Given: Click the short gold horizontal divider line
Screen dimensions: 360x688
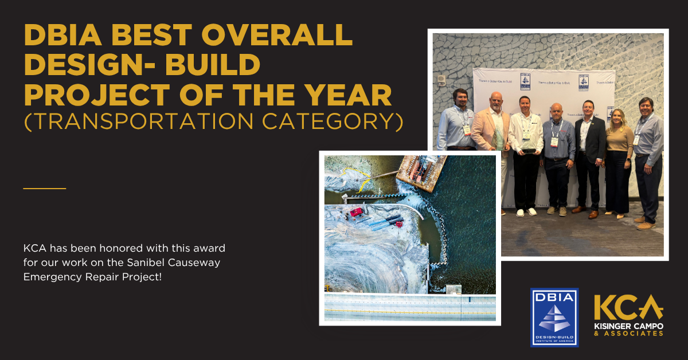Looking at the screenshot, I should (45, 188).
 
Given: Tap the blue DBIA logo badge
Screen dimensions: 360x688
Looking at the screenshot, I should (554, 317).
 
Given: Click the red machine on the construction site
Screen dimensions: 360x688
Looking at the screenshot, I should (356, 212).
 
